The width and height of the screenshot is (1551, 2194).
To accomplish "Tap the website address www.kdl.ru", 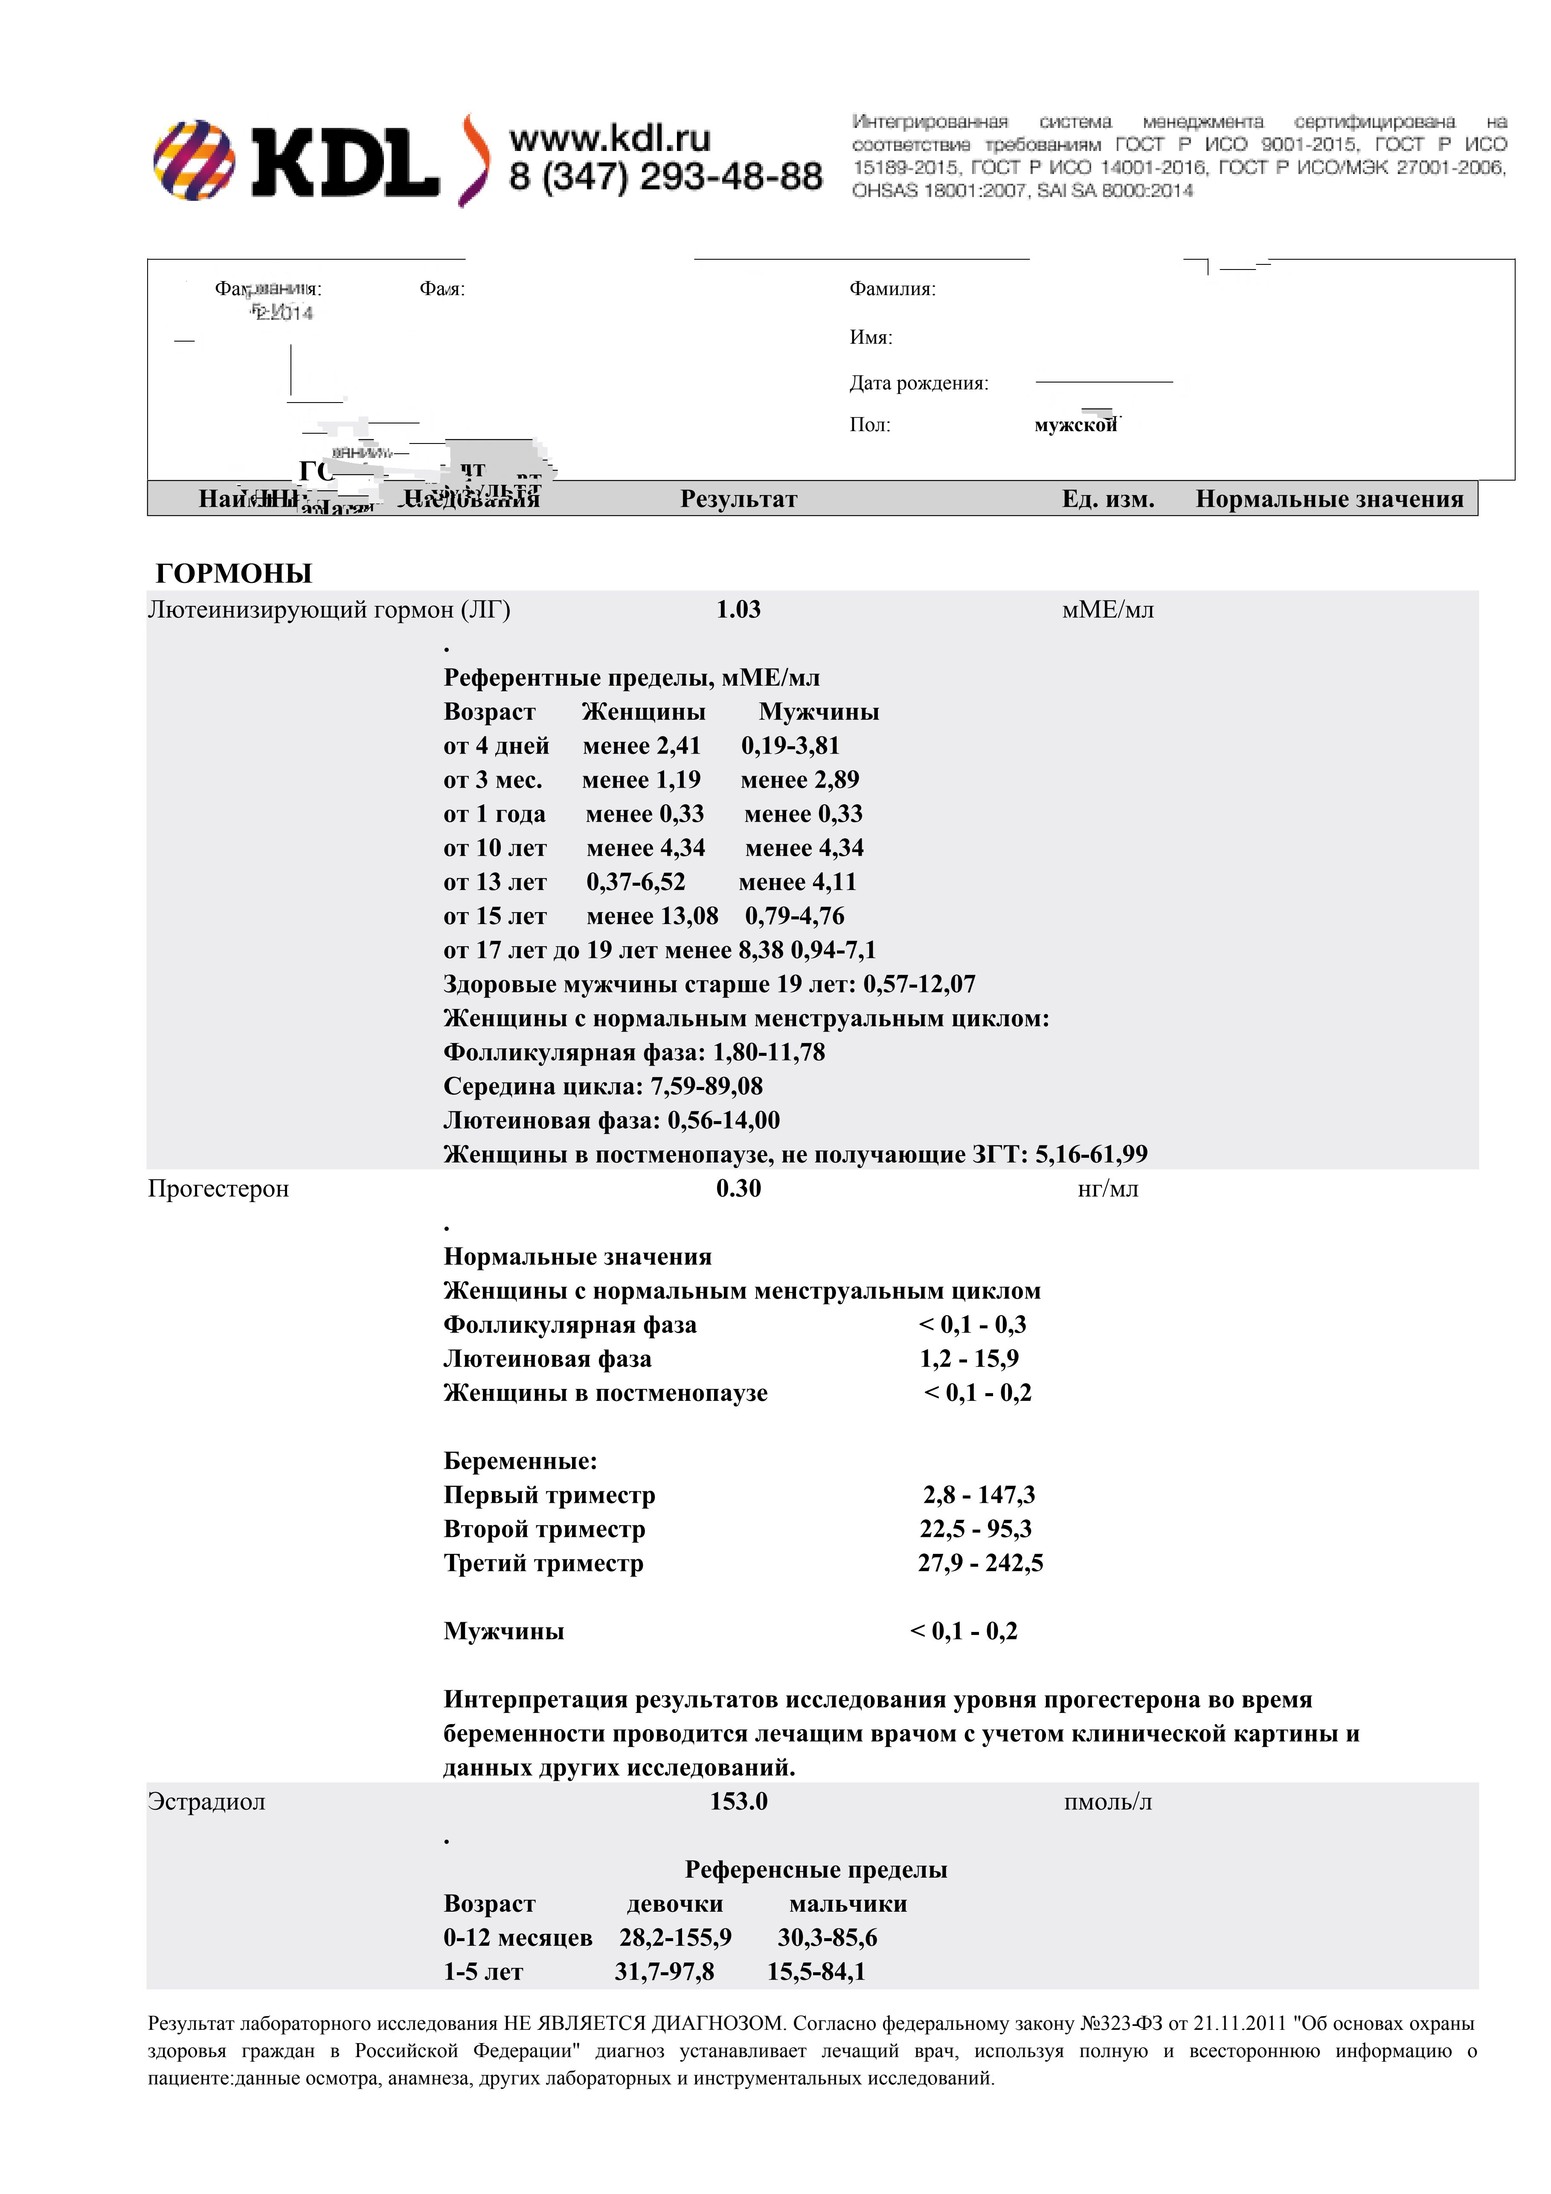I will (x=610, y=139).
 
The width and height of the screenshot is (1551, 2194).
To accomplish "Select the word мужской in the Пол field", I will (x=1075, y=425).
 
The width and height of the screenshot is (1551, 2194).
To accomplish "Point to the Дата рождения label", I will (x=918, y=383).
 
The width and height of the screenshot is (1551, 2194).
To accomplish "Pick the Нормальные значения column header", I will (x=1329, y=499).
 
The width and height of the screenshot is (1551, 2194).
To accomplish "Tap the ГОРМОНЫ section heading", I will (x=234, y=574).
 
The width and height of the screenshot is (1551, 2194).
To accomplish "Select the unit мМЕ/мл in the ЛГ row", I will (x=1108, y=610).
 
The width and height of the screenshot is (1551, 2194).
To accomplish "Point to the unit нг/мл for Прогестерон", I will (x=1108, y=1189).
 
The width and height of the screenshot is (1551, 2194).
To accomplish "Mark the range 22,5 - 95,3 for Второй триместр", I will (x=976, y=1529).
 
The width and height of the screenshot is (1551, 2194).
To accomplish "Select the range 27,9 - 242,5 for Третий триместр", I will (x=981, y=1563).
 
